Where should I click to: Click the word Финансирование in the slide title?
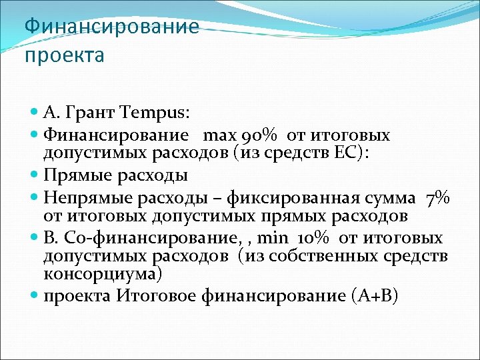pyautogui.click(x=111, y=27)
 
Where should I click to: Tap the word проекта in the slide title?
pyautogui.click(x=64, y=55)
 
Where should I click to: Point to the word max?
pyautogui.click(x=215, y=135)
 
